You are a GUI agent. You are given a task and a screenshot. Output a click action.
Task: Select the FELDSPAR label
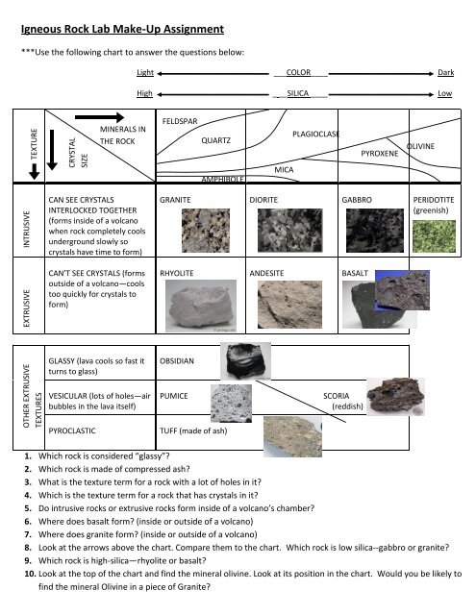pos(180,121)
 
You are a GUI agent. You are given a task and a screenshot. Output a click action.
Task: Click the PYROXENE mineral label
pos(380,153)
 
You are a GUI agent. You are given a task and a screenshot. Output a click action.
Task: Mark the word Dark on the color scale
pos(445,73)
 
